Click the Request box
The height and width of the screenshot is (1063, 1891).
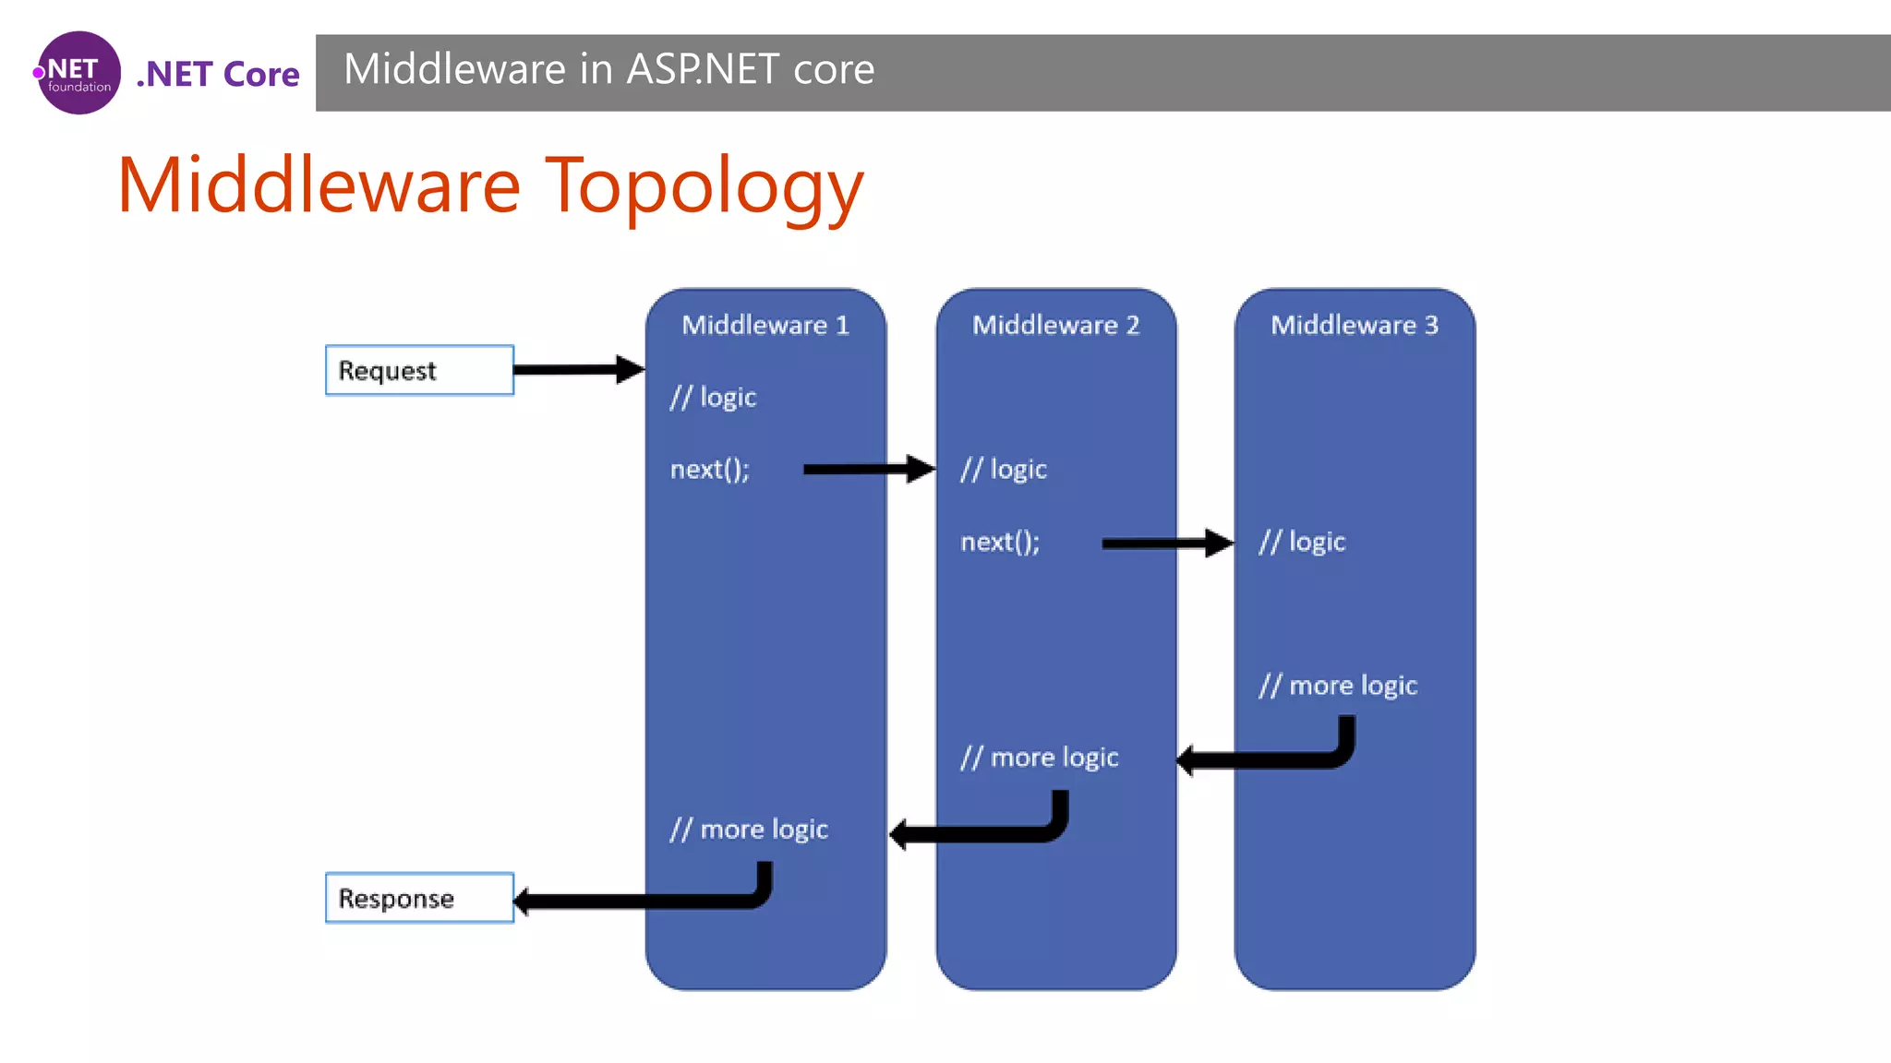click(x=419, y=370)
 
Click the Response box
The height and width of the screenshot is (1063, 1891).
click(x=419, y=898)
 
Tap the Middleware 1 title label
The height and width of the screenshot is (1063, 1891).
click(x=765, y=325)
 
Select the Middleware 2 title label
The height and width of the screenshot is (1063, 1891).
click(x=1055, y=325)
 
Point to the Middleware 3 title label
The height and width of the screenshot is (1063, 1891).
click(x=1354, y=325)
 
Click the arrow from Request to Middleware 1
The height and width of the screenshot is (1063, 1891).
click(x=577, y=370)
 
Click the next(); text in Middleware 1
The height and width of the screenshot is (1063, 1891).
click(x=709, y=470)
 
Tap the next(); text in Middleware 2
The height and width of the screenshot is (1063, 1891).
click(x=999, y=542)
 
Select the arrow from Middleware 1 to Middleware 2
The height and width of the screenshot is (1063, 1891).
click(x=868, y=469)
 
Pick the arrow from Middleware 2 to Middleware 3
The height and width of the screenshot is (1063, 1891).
click(x=1165, y=543)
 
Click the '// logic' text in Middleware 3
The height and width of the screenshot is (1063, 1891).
click(x=1302, y=542)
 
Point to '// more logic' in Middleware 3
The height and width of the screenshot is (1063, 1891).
click(x=1337, y=686)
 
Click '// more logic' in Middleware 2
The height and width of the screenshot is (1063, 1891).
click(x=1039, y=758)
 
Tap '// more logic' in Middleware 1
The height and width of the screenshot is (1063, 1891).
click(x=748, y=830)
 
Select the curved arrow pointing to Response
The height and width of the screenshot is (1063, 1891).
click(x=646, y=901)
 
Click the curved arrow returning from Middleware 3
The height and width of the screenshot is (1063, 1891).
click(x=1274, y=759)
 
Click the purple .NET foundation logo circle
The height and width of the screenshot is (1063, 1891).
click(x=79, y=73)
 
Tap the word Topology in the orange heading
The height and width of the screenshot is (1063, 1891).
click(x=704, y=186)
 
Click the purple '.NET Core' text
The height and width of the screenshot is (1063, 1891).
click(x=218, y=74)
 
